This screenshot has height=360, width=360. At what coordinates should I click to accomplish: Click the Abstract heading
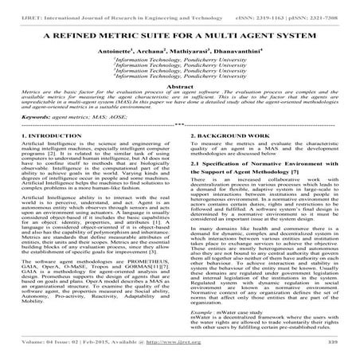[179, 108]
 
